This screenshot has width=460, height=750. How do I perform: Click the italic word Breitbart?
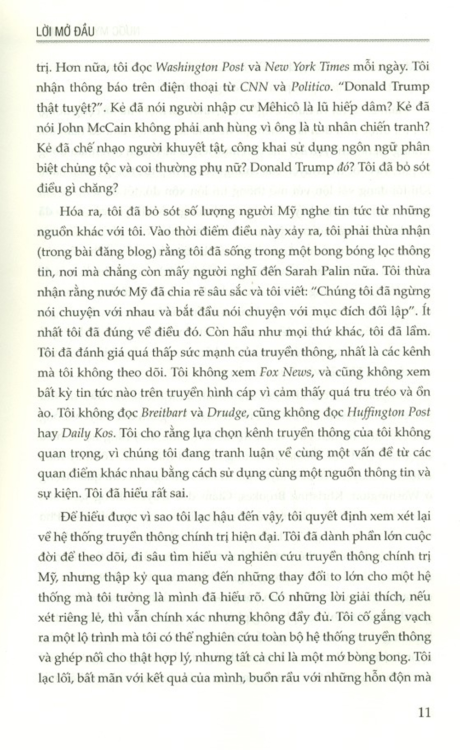click(163, 412)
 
